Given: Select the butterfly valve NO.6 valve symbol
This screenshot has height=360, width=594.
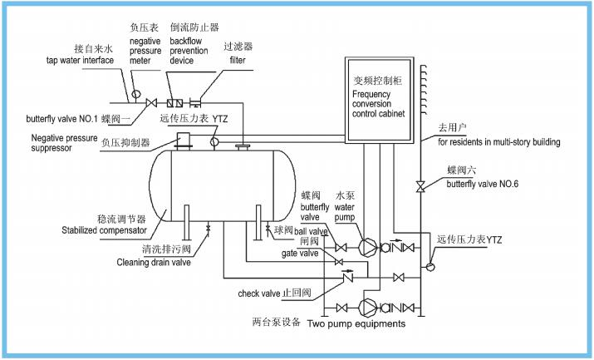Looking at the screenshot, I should [x=422, y=185].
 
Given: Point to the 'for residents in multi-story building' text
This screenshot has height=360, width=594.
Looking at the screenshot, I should [x=499, y=142].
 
